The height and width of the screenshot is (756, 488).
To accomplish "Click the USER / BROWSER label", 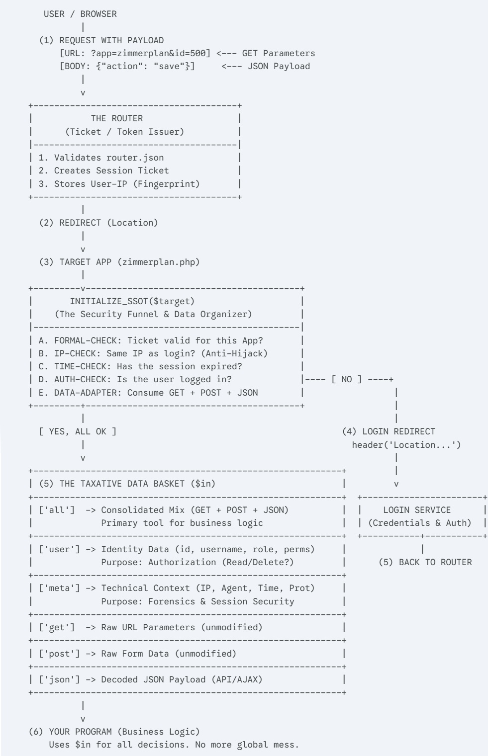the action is click(x=81, y=14).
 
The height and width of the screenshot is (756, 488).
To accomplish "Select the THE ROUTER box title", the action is click(x=117, y=118).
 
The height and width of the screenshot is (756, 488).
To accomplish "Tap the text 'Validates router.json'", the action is click(x=109, y=158).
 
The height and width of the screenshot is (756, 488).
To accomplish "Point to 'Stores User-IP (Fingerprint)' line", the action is click(x=127, y=184).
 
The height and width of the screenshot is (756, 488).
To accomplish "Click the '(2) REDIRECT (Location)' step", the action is click(x=98, y=223).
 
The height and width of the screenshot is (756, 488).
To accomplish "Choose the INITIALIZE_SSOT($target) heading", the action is click(x=132, y=301).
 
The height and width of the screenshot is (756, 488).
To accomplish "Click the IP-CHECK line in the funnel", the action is click(x=153, y=353).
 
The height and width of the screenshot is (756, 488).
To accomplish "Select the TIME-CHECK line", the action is click(x=140, y=366).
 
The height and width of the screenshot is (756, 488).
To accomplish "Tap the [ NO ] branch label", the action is click(x=347, y=379).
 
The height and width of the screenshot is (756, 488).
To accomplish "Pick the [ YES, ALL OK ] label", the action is click(x=78, y=431).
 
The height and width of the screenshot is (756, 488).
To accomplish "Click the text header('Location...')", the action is click(x=406, y=445).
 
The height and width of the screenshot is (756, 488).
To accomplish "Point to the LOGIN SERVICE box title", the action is click(x=417, y=510).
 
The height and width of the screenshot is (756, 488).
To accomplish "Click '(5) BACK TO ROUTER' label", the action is click(x=425, y=562).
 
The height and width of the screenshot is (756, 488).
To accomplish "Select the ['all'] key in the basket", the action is click(x=57, y=510).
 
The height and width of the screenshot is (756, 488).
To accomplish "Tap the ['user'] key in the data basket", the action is click(x=59, y=549).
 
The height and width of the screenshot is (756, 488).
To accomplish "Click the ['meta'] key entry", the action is click(x=59, y=588).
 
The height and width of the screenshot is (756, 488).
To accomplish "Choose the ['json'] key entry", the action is click(x=59, y=679).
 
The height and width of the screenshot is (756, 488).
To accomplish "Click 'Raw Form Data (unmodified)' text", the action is click(x=169, y=654).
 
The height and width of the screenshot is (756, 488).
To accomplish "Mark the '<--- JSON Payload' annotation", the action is click(x=266, y=66).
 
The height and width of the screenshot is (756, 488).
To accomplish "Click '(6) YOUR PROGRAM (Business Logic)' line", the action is click(x=114, y=732).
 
